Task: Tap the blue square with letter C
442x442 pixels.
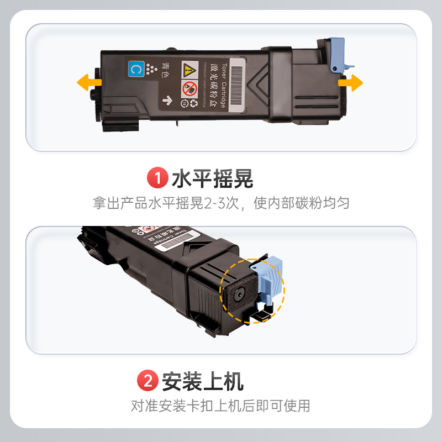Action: tap(134, 69)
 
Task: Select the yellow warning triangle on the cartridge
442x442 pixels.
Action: tap(189, 69)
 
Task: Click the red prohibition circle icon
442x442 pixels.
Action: tap(189, 87)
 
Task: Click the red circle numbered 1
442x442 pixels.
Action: tap(157, 179)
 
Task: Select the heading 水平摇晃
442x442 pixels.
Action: tap(212, 179)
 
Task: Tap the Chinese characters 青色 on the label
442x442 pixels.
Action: tap(165, 70)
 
